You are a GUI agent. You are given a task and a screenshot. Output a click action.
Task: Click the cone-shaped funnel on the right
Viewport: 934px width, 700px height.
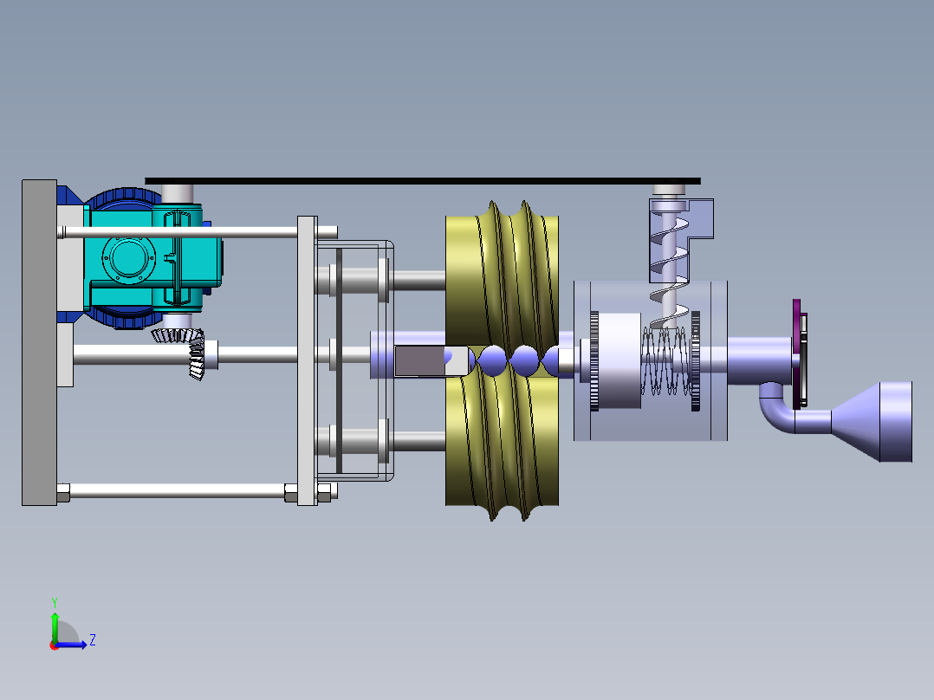[875, 421]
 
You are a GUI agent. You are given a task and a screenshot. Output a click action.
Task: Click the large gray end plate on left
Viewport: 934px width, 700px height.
[39, 342]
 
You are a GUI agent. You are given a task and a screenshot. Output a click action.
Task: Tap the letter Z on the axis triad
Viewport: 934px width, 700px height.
[92, 640]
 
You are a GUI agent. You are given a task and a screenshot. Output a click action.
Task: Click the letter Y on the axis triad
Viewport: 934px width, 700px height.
[54, 601]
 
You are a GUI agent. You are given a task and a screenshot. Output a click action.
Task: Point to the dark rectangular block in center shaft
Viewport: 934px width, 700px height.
[420, 360]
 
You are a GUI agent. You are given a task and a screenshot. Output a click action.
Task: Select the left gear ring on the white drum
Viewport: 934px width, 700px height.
[593, 360]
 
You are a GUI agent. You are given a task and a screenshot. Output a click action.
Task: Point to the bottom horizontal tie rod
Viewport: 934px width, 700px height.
[173, 492]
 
